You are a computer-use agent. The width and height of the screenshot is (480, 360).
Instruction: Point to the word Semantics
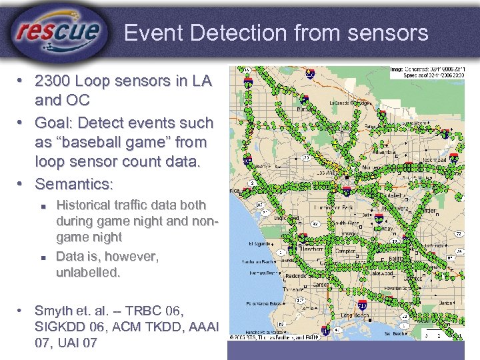tap(73, 183)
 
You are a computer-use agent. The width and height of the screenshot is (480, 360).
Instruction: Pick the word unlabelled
tap(89, 272)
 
